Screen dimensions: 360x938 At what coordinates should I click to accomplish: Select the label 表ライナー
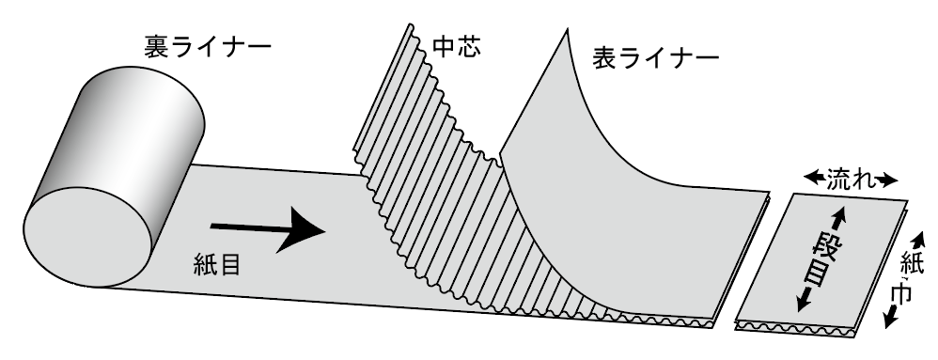click(656, 57)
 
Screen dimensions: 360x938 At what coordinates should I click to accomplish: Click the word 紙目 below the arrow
click(221, 264)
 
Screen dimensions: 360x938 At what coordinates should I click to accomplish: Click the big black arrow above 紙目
click(268, 227)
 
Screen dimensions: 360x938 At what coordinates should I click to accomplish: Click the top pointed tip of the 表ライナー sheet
click(570, 33)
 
